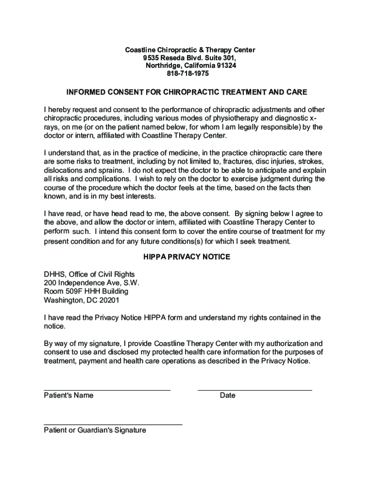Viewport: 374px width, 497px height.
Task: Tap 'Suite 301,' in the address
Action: click(x=220, y=58)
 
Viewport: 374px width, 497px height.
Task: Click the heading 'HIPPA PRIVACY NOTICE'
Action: click(x=187, y=257)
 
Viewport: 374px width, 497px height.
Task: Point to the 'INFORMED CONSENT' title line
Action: click(x=187, y=92)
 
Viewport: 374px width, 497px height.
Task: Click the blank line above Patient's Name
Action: click(x=107, y=390)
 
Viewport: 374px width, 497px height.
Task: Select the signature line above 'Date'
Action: click(x=255, y=390)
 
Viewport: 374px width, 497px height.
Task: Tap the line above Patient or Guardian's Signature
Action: click(x=113, y=425)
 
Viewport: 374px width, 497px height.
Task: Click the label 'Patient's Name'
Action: click(x=68, y=396)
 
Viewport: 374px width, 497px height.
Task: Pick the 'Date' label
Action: click(x=227, y=396)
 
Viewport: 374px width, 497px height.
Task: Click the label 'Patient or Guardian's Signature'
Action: click(x=95, y=431)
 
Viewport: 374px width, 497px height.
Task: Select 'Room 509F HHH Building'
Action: click(x=86, y=292)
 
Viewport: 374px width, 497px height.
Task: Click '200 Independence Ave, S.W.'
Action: click(x=88, y=283)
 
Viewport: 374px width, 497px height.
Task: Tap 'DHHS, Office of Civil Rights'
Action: click(x=89, y=274)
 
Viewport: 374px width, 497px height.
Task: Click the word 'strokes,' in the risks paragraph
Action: click(x=310, y=162)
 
